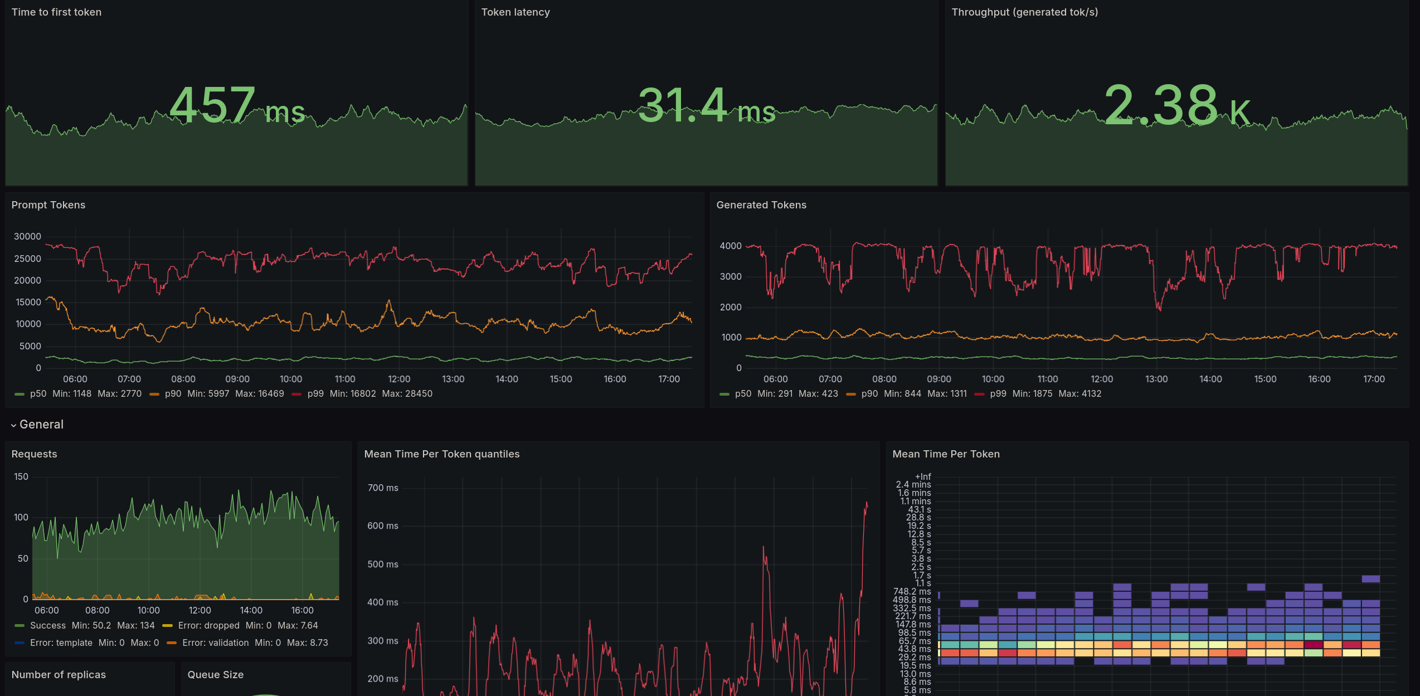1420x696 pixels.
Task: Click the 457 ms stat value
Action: click(x=237, y=106)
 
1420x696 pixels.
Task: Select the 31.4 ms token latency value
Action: click(x=706, y=106)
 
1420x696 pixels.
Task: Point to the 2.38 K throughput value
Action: click(x=1176, y=106)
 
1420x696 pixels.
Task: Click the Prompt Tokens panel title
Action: click(x=48, y=205)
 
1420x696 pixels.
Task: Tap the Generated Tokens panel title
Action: click(x=761, y=205)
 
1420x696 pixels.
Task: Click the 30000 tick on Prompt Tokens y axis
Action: click(x=27, y=237)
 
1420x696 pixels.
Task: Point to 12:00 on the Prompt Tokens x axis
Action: click(x=399, y=379)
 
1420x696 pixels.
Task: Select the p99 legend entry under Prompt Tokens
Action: click(x=315, y=394)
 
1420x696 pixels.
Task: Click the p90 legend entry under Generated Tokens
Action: click(x=869, y=394)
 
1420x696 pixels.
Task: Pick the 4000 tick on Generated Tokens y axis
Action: click(x=730, y=246)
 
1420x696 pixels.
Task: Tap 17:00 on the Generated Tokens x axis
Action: click(x=1373, y=379)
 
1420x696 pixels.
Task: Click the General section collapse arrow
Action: click(x=13, y=425)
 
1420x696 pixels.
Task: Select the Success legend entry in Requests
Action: click(x=47, y=626)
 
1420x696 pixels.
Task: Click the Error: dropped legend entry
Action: click(x=208, y=626)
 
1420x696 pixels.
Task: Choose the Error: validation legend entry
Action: click(x=215, y=643)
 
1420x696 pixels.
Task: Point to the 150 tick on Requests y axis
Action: click(x=21, y=477)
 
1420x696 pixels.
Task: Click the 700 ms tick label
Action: click(x=383, y=488)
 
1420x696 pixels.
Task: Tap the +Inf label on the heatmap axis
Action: click(x=922, y=477)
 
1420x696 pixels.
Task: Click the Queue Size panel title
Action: click(x=215, y=675)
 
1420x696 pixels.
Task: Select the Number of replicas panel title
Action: click(x=59, y=675)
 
